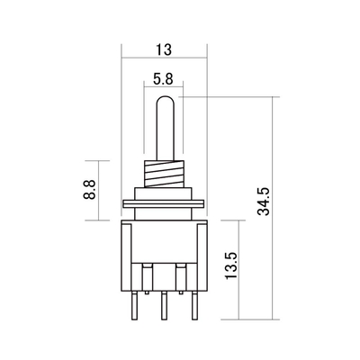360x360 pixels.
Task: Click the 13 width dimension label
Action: [164, 49]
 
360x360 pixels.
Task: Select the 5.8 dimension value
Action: [164, 79]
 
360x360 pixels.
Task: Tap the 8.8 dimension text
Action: [89, 190]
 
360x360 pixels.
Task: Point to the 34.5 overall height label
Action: [264, 202]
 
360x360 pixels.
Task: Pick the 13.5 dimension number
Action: [231, 265]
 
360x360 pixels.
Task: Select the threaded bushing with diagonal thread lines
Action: [164, 174]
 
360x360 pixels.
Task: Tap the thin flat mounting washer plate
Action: [164, 203]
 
